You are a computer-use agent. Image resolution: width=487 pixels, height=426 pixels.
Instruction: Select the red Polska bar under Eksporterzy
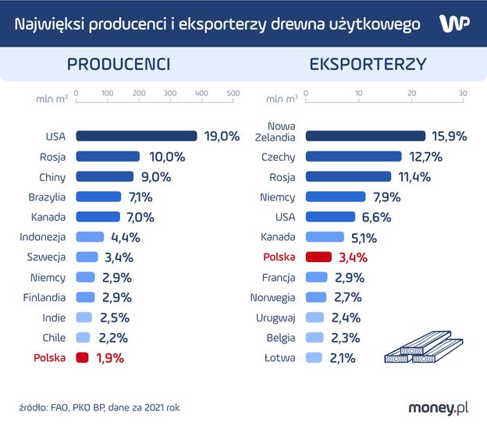[x=318, y=257]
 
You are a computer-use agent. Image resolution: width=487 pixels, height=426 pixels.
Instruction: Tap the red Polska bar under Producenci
[x=81, y=358]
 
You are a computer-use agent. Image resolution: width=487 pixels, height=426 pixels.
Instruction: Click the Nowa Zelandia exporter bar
[x=365, y=136]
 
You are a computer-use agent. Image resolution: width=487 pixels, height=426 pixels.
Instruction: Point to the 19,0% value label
[x=222, y=136]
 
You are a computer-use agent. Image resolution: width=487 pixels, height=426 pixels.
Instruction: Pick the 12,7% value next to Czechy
[x=426, y=157]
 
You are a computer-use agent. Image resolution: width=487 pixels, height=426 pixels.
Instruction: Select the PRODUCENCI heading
[x=119, y=65]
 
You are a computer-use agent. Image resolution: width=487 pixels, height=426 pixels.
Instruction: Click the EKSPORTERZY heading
[x=368, y=65]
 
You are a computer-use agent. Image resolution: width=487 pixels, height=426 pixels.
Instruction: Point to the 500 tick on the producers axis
[x=233, y=94]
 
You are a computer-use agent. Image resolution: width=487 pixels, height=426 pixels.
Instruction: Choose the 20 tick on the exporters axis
[x=411, y=94]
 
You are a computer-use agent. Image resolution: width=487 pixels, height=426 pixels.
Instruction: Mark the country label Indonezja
[x=44, y=237]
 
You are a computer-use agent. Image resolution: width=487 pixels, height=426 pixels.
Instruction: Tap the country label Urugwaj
[x=275, y=318]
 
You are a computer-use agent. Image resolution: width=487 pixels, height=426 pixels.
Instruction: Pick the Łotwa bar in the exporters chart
[x=314, y=358]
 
